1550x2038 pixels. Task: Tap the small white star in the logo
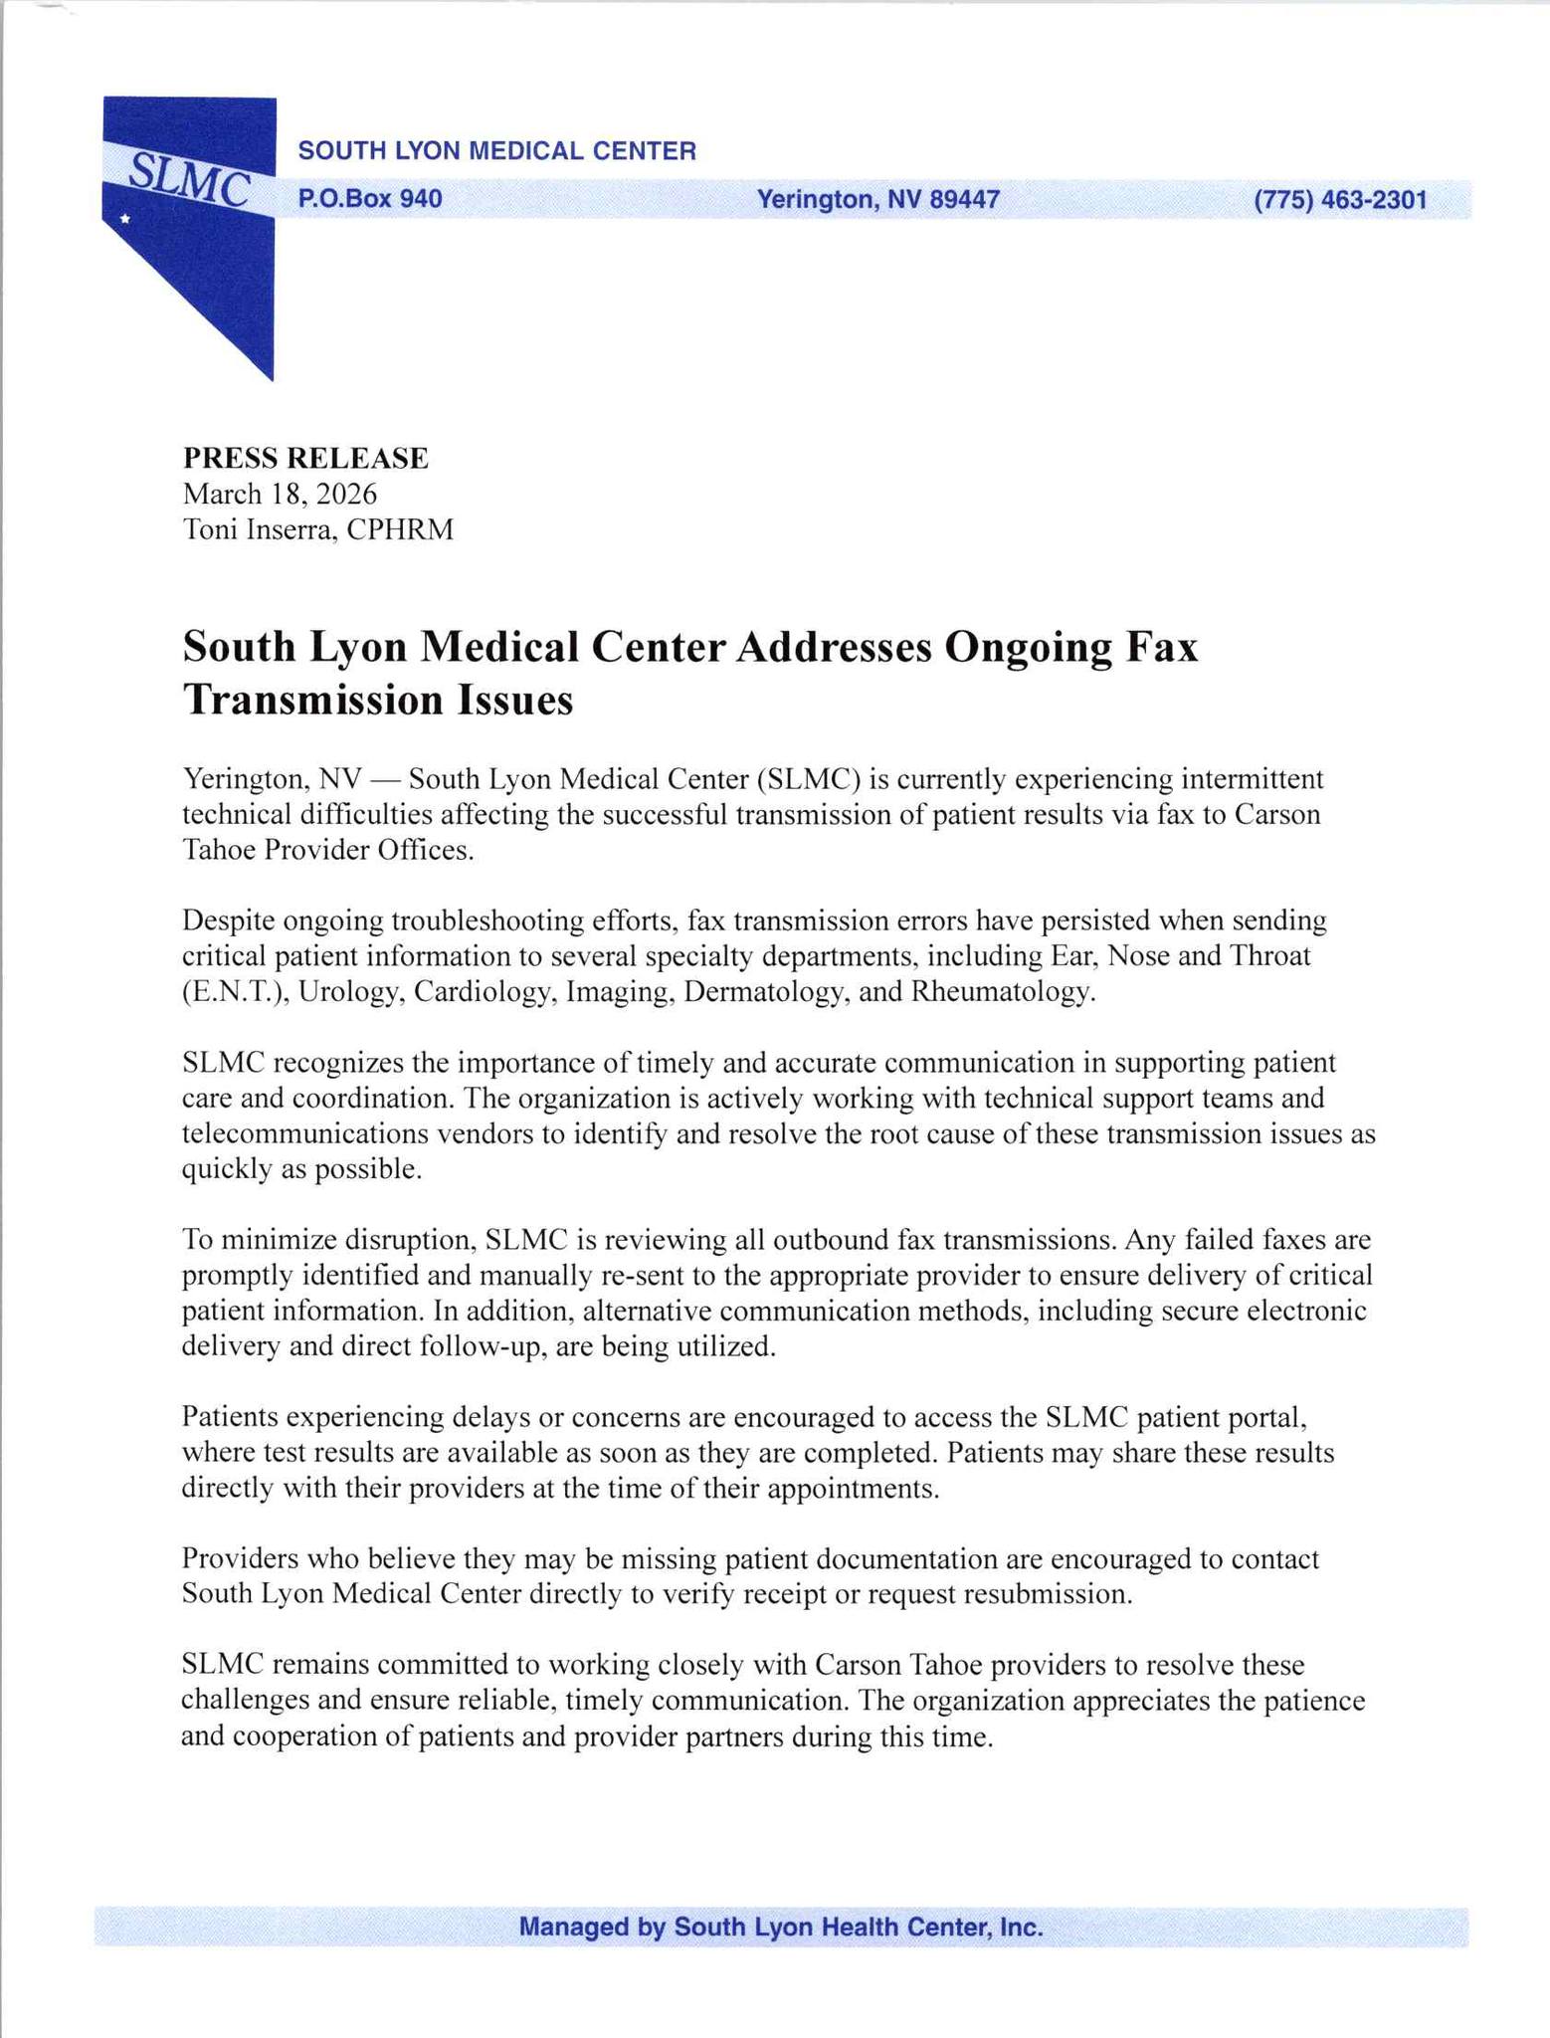(x=124, y=218)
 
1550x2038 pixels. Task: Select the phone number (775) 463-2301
(x=1340, y=200)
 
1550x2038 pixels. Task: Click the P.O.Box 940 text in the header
(x=370, y=199)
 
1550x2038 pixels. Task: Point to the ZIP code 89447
(x=964, y=199)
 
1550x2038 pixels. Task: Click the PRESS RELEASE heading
(x=305, y=458)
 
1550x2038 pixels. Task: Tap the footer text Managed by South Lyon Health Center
(x=781, y=1927)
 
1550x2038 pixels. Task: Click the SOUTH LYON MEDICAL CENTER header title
(x=497, y=151)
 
